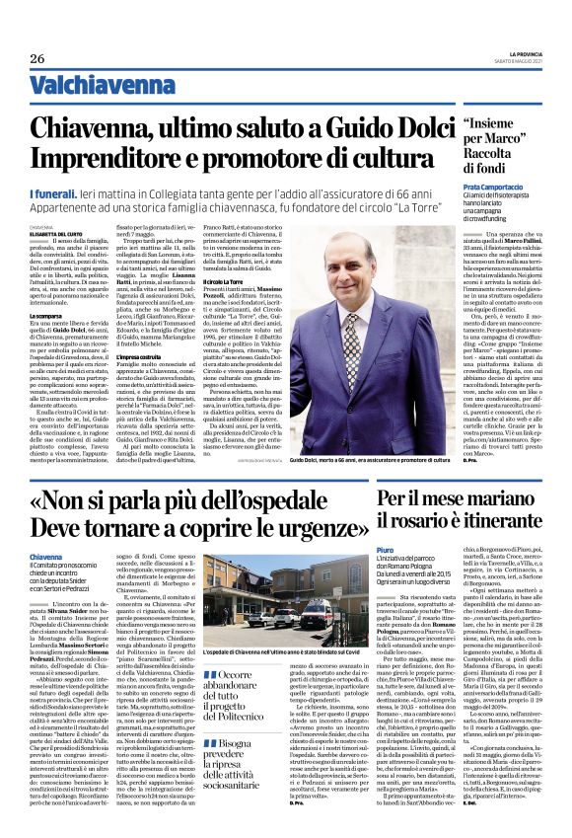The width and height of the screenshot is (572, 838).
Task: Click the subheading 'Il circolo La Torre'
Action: coord(225,309)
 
